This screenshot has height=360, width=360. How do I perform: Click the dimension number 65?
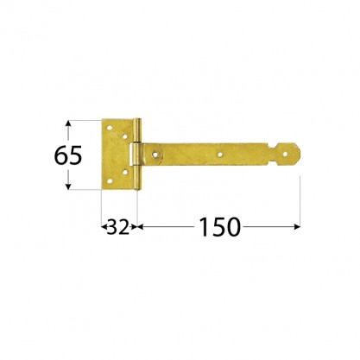point(68,155)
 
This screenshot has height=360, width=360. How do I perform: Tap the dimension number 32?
point(118,227)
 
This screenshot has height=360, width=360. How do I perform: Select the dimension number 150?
point(219,227)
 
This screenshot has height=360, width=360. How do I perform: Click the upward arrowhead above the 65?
point(68,123)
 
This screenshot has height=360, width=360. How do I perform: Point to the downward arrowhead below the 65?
point(68,186)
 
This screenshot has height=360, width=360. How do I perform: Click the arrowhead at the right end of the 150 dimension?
point(297,227)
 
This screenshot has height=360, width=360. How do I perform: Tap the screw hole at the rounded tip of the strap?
point(285,155)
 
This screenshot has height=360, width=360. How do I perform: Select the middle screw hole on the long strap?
point(220,155)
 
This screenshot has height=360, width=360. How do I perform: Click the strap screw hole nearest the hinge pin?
point(155,155)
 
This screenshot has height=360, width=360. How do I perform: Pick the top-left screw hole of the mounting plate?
point(109,128)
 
